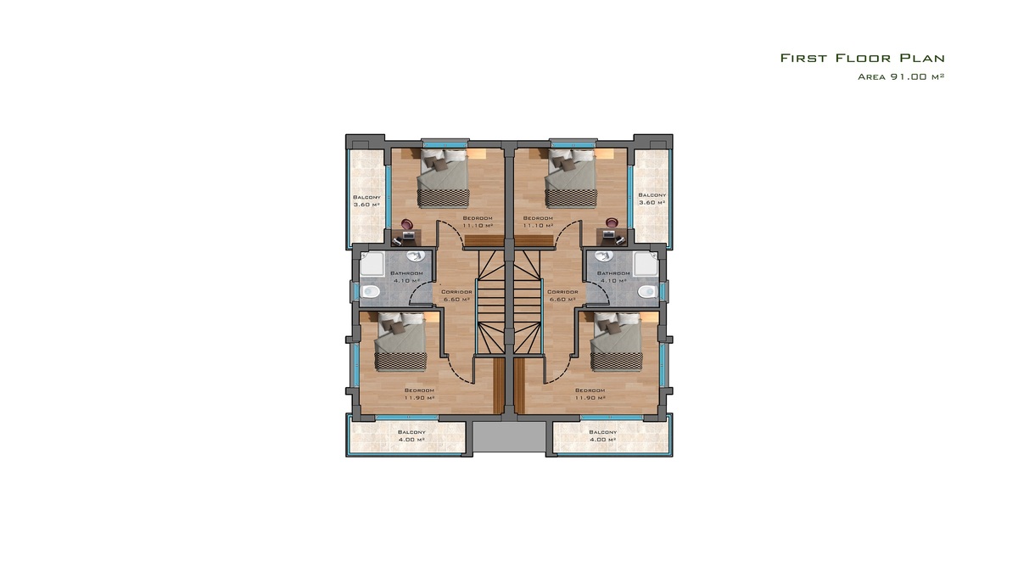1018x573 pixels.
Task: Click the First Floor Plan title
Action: point(863,59)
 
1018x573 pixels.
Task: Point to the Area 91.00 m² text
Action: point(901,76)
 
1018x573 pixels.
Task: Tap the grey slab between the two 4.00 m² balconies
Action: point(509,436)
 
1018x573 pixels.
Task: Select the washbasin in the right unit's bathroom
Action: point(604,256)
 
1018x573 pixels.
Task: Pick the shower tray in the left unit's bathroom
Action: point(372,264)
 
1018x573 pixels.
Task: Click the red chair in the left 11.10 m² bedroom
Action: point(406,223)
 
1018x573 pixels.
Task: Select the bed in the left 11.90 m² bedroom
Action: point(400,341)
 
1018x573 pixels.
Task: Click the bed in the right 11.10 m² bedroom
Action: point(571,178)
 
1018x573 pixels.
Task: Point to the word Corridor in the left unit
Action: point(456,292)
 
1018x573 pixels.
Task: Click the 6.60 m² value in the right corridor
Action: point(562,299)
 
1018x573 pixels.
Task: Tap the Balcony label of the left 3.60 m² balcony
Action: point(366,197)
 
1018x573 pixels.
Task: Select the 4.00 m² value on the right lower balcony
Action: point(602,440)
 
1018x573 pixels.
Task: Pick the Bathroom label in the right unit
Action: point(613,273)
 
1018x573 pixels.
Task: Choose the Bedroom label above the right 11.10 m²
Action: point(538,218)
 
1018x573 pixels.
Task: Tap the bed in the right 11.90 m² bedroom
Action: point(616,341)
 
